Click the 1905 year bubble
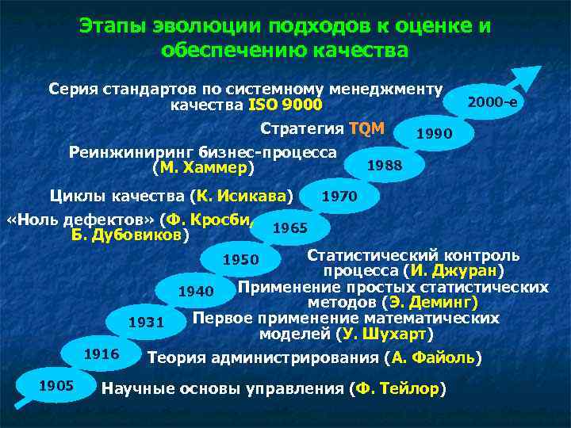pos(56,386)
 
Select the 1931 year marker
pos(147,323)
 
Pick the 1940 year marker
pos(196,292)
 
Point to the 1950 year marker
pos(240,260)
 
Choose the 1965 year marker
pos(289,228)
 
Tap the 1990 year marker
pos(435,134)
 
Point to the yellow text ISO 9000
pos(285,105)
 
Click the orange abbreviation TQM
pos(366,129)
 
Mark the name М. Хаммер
pos(203,168)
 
